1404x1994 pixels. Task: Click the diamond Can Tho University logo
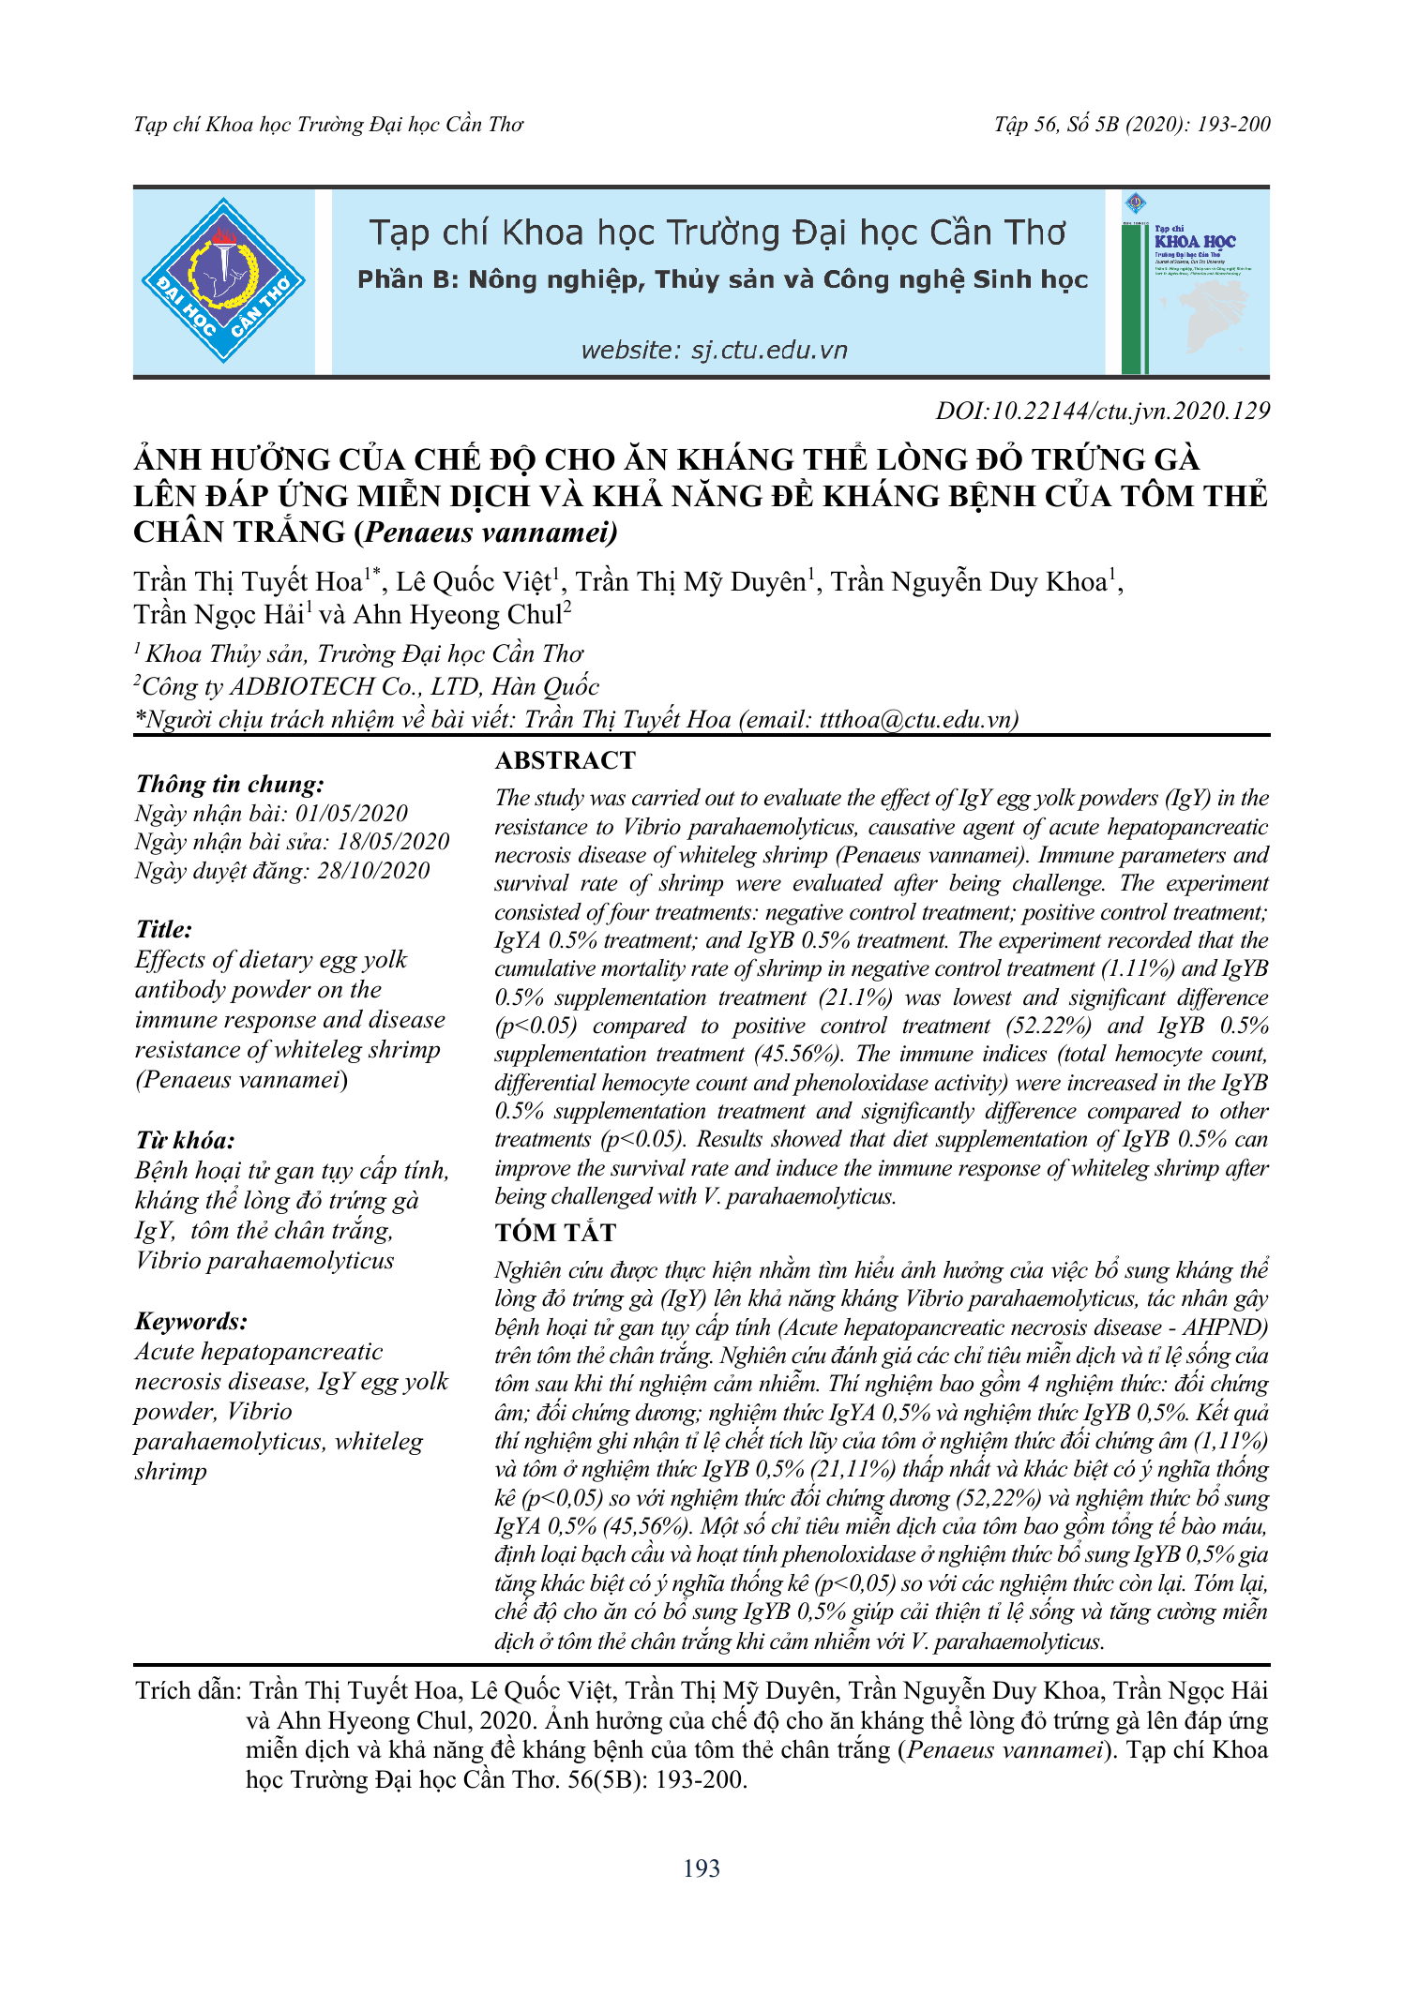click(223, 280)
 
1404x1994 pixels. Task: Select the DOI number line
click(1102, 411)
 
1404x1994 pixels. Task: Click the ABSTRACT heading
click(566, 760)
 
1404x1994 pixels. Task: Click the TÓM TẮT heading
click(555, 1233)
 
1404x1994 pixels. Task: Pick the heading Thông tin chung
click(230, 785)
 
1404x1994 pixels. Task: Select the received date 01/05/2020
click(352, 814)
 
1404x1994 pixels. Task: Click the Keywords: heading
click(191, 1321)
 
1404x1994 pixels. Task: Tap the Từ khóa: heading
click(185, 1140)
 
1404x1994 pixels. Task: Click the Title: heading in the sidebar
click(164, 929)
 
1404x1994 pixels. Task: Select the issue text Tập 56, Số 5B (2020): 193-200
click(1132, 125)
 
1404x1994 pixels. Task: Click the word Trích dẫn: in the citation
click(189, 1690)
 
